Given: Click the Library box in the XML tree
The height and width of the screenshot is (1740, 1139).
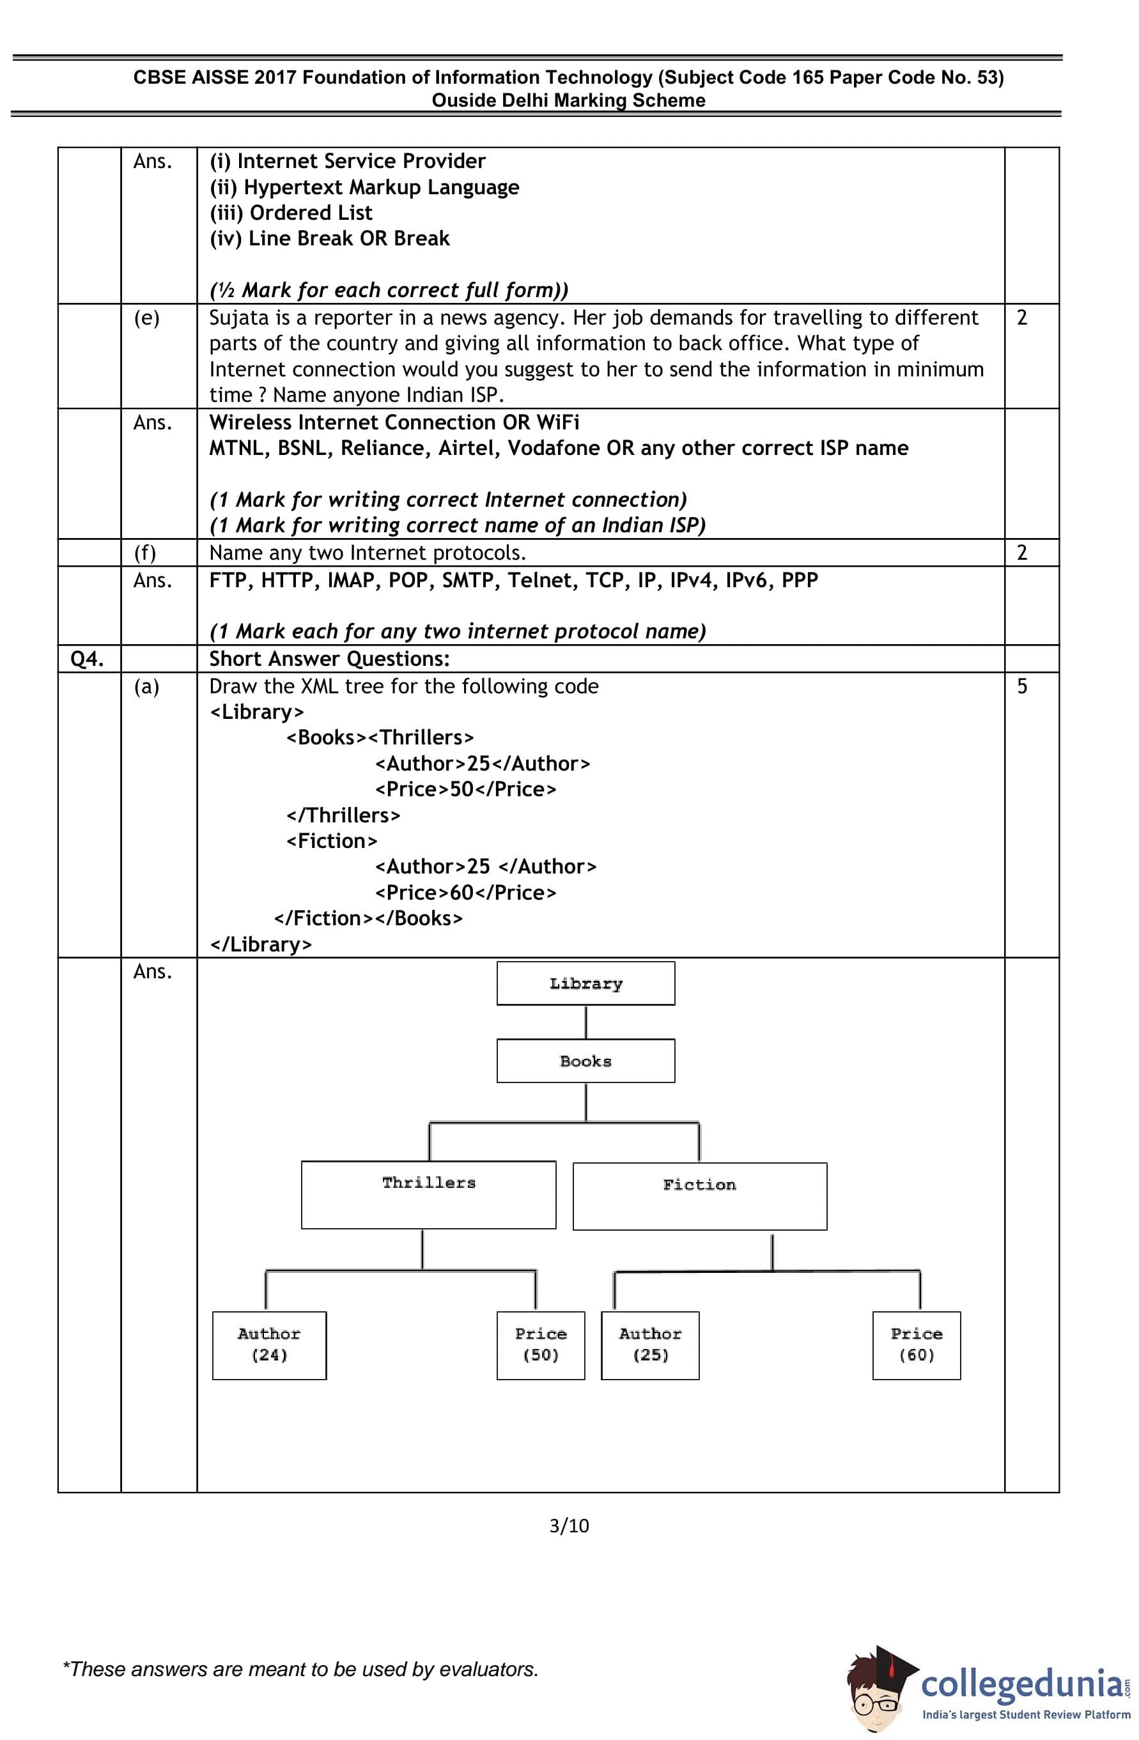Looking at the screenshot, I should coord(585,983).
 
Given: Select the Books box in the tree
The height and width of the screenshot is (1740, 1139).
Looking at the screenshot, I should coord(585,1061).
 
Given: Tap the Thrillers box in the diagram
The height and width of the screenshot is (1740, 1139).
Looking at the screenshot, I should coord(428,1194).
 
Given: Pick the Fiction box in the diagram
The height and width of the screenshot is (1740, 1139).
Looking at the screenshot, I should coord(700,1196).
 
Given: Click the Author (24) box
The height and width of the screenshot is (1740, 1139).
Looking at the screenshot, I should coord(269,1345).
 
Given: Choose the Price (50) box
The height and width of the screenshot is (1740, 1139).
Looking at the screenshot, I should coord(540,1345).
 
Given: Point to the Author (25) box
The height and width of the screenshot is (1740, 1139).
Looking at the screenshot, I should coord(650,1345).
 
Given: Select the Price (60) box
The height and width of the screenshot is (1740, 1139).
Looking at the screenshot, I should coord(916,1345).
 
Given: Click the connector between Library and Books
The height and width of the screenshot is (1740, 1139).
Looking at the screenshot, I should coord(585,1022).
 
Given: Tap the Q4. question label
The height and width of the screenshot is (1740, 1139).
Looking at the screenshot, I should coord(87,659).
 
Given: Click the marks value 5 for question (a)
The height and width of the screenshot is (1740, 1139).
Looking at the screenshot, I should coord(1022,686).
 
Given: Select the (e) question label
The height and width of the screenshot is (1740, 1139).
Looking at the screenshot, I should coord(146,318).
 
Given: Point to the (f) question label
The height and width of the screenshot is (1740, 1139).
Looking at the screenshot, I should coord(144,553).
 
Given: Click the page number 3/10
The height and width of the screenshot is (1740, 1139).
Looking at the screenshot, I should coord(569,1526).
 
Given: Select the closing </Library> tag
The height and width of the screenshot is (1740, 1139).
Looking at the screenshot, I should coord(261,944).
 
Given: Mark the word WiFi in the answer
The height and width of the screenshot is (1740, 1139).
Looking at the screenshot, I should coord(558,422).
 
